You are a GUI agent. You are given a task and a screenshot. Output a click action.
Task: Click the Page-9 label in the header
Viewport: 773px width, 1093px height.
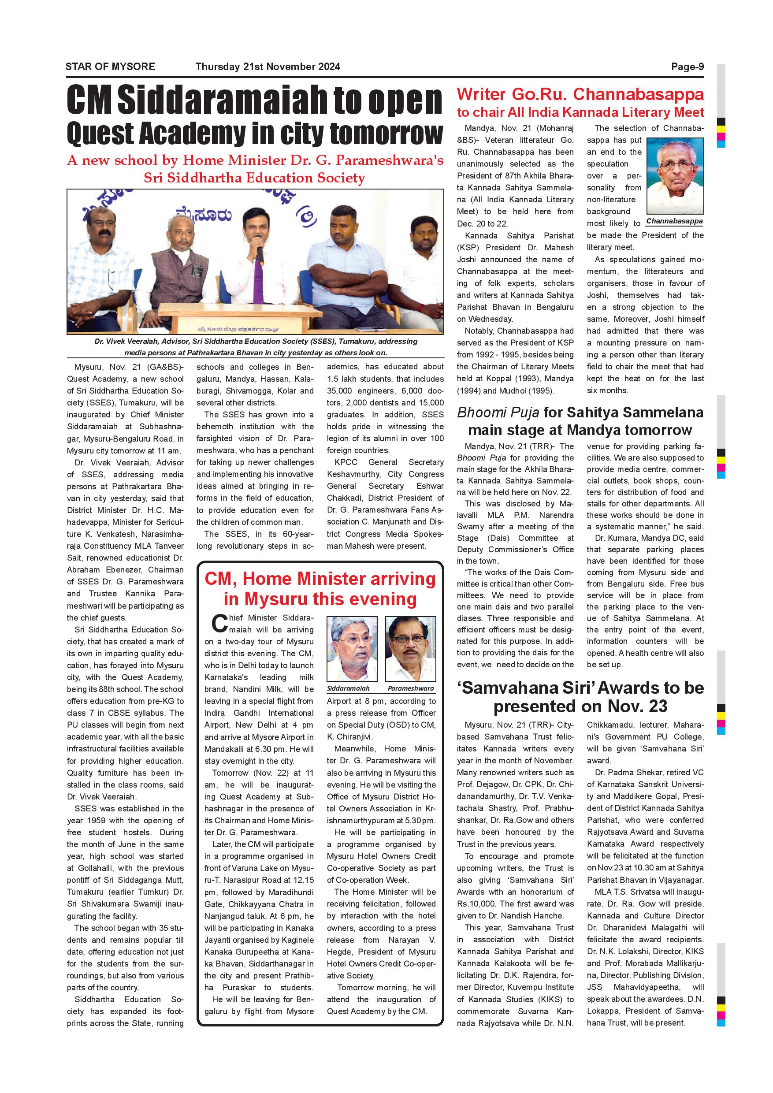click(x=687, y=67)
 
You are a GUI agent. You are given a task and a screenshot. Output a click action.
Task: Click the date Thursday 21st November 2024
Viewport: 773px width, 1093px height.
click(x=268, y=67)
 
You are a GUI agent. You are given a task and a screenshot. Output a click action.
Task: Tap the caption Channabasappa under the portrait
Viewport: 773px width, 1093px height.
click(x=674, y=221)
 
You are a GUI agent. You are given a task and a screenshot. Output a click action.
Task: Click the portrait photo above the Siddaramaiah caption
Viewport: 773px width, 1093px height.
click(x=352, y=649)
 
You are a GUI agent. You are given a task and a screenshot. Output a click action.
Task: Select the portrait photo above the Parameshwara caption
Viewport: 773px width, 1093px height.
click(x=410, y=649)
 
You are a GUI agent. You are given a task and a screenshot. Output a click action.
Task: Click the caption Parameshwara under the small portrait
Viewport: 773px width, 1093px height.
click(x=410, y=688)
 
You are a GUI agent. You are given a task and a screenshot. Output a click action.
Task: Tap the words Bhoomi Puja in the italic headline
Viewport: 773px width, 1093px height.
click(x=498, y=412)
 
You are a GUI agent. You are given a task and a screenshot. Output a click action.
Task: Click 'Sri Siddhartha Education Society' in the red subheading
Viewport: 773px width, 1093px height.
click(x=254, y=178)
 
